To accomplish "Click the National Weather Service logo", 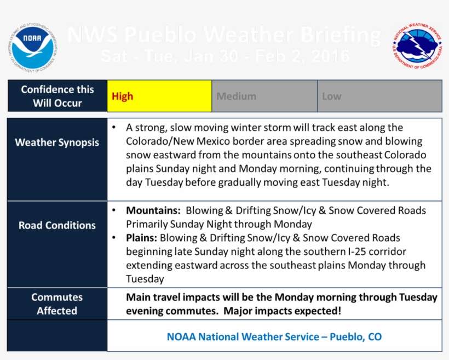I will point(417,47).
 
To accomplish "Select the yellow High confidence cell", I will point(159,96).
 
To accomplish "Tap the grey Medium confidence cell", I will point(264,96).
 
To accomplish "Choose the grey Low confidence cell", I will point(379,96).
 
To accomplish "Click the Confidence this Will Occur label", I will point(57,96).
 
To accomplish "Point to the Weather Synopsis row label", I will point(57,142).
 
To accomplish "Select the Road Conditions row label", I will point(57,225).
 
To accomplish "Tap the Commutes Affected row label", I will point(57,304).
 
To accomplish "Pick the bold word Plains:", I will point(142,238).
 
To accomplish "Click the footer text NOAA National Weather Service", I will point(274,336).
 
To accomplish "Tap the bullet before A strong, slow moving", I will point(113,128).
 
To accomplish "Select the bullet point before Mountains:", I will point(113,210).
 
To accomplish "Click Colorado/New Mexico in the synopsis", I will point(181,141).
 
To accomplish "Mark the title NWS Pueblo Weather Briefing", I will point(224,36).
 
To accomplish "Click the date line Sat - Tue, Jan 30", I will point(225,56).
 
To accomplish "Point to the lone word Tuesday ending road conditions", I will point(145,279).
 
